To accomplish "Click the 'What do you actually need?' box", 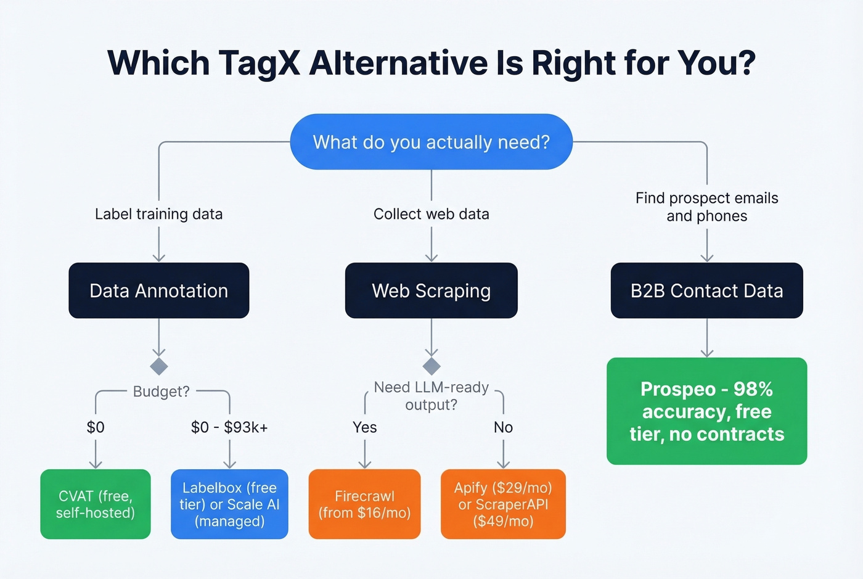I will tap(431, 142).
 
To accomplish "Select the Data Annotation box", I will tap(158, 290).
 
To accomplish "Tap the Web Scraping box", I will tap(431, 290).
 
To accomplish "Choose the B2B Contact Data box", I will tap(706, 290).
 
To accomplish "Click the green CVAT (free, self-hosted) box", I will tap(96, 504).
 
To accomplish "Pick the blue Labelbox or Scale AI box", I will tap(229, 504).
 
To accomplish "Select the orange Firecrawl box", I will tap(364, 504).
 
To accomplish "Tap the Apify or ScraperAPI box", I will tap(503, 504).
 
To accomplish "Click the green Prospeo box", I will tap(706, 411).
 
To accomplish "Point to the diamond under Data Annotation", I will tap(159, 366).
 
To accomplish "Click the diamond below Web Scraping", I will tap(431, 366).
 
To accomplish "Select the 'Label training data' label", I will tap(158, 214).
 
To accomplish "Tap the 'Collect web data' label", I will tap(431, 214).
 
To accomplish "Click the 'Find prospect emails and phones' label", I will tap(706, 207).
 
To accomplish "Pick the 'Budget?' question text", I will tap(162, 392).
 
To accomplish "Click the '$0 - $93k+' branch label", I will tap(229, 427).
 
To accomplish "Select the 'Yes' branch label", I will tap(364, 427).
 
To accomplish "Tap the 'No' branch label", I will tap(503, 427).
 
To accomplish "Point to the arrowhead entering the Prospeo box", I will tap(707, 353).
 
